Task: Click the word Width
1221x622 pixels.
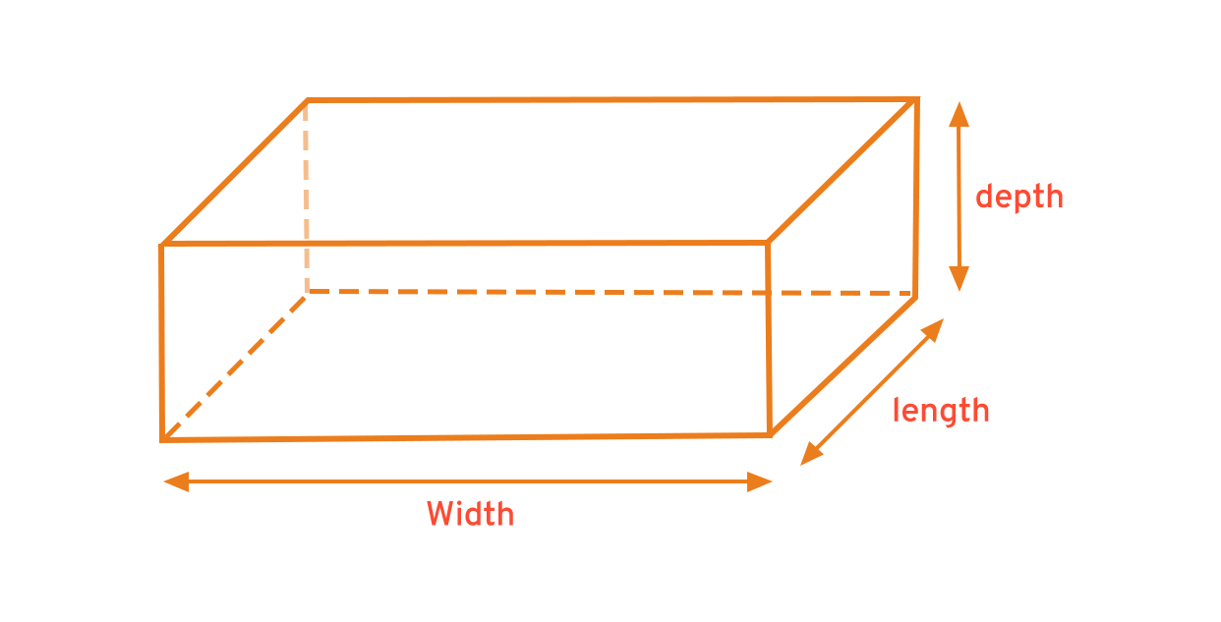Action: coord(470,514)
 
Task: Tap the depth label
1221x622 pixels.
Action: coord(1018,197)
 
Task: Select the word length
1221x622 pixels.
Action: coord(942,411)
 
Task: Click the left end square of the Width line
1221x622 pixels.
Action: coord(175,481)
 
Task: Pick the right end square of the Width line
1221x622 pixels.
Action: coord(759,481)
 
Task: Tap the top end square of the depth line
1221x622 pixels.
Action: coord(959,113)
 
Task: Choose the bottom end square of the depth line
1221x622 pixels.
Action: coord(959,278)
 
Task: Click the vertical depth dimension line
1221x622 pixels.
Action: coord(959,197)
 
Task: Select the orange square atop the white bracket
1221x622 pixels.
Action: coord(932,330)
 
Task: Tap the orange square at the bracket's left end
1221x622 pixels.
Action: coord(812,454)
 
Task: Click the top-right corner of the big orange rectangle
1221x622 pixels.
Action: coord(921,97)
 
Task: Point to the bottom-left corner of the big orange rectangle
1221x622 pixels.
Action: coord(158,444)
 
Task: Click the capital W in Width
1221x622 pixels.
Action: coord(438,514)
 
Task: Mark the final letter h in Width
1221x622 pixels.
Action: coord(505,514)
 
